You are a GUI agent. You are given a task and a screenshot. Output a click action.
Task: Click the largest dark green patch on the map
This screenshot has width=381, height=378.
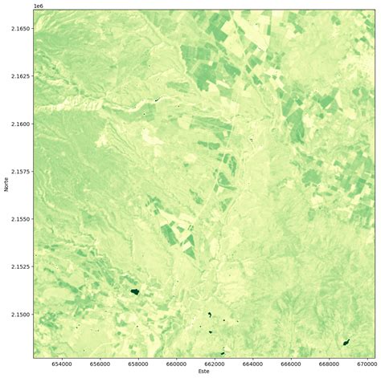pos(134,291)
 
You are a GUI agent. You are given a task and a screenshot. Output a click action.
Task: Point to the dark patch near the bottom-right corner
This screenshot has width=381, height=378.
pos(346,343)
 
